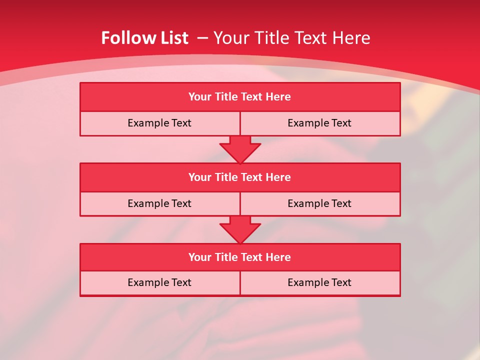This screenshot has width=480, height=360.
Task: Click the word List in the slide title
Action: pyautogui.click(x=172, y=38)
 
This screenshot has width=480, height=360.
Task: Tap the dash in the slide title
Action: pyautogui.click(x=202, y=38)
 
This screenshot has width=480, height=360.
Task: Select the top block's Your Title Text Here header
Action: pyautogui.click(x=239, y=97)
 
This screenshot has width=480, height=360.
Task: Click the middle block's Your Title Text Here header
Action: pyautogui.click(x=239, y=177)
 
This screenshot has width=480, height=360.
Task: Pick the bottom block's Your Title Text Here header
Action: pyautogui.click(x=239, y=257)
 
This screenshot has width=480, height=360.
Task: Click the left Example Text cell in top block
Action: pyautogui.click(x=159, y=123)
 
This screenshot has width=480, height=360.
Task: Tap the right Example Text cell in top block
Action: pyautogui.click(x=319, y=123)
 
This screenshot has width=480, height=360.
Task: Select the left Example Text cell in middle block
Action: pyautogui.click(x=159, y=203)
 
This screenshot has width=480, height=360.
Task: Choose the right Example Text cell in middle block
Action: pyautogui.click(x=319, y=203)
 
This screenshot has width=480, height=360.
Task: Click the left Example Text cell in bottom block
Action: pyautogui.click(x=159, y=282)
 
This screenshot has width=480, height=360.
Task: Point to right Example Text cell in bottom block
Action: pyautogui.click(x=319, y=282)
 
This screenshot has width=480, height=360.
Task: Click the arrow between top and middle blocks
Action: pyautogui.click(x=240, y=148)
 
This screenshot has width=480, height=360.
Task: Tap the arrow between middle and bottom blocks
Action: pyautogui.click(x=240, y=229)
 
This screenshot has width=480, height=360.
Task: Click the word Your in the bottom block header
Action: pyautogui.click(x=199, y=257)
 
